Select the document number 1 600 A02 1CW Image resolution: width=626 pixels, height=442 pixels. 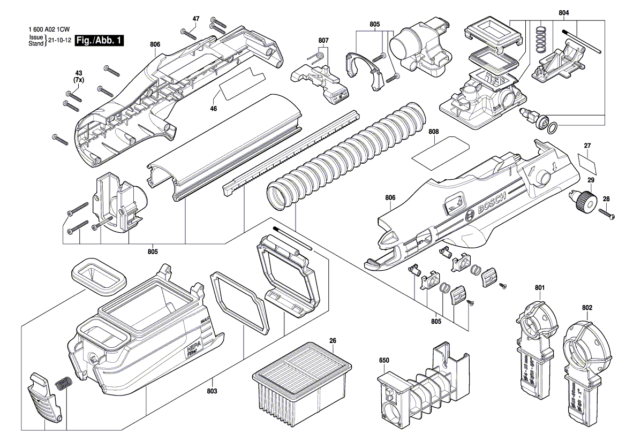pyautogui.click(x=50, y=31)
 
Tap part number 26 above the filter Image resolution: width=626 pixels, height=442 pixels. pyautogui.click(x=333, y=341)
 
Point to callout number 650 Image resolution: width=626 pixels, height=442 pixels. pyautogui.click(x=384, y=361)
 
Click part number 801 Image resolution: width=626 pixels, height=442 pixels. pyautogui.click(x=539, y=288)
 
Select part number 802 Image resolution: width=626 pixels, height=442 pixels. pyautogui.click(x=587, y=308)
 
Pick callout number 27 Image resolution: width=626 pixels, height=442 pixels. pyautogui.click(x=587, y=146)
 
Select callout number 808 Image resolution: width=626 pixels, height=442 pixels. pyautogui.click(x=434, y=131)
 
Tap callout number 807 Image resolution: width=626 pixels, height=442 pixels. pyautogui.click(x=323, y=40)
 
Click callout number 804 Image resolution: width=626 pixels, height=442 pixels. pyautogui.click(x=564, y=12)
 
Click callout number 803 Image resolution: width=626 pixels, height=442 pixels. pyautogui.click(x=212, y=392)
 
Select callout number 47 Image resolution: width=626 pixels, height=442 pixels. pyautogui.click(x=196, y=19)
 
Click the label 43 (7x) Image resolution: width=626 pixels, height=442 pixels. pyautogui.click(x=78, y=76)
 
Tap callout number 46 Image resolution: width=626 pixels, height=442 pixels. pyautogui.click(x=214, y=109)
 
